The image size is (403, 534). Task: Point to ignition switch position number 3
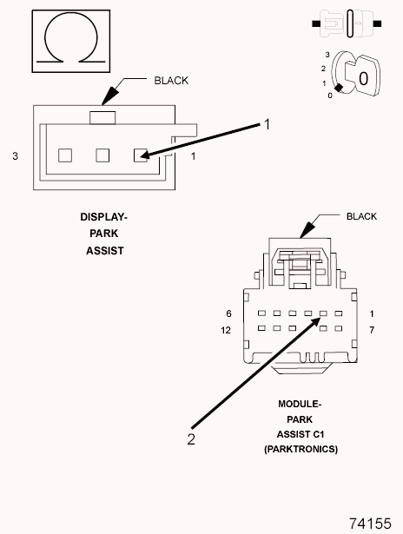point(326,55)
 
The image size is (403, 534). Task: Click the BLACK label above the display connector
point(171,81)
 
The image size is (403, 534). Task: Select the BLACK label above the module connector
point(361,216)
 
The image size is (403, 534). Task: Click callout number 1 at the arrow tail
point(268,124)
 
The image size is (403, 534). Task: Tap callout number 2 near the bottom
point(191,438)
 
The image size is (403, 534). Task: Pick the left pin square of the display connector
point(63,155)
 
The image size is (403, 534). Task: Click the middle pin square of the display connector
point(102,155)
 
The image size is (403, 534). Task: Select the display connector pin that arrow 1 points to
point(139,155)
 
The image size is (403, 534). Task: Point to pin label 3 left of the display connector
point(15,156)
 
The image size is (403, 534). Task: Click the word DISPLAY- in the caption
point(104,216)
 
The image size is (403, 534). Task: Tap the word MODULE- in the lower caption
point(301,405)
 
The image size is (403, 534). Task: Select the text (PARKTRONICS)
point(301,448)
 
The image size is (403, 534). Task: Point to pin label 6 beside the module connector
point(228,313)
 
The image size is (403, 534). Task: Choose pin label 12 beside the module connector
point(227,330)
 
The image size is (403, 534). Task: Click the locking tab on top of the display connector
point(102,115)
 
